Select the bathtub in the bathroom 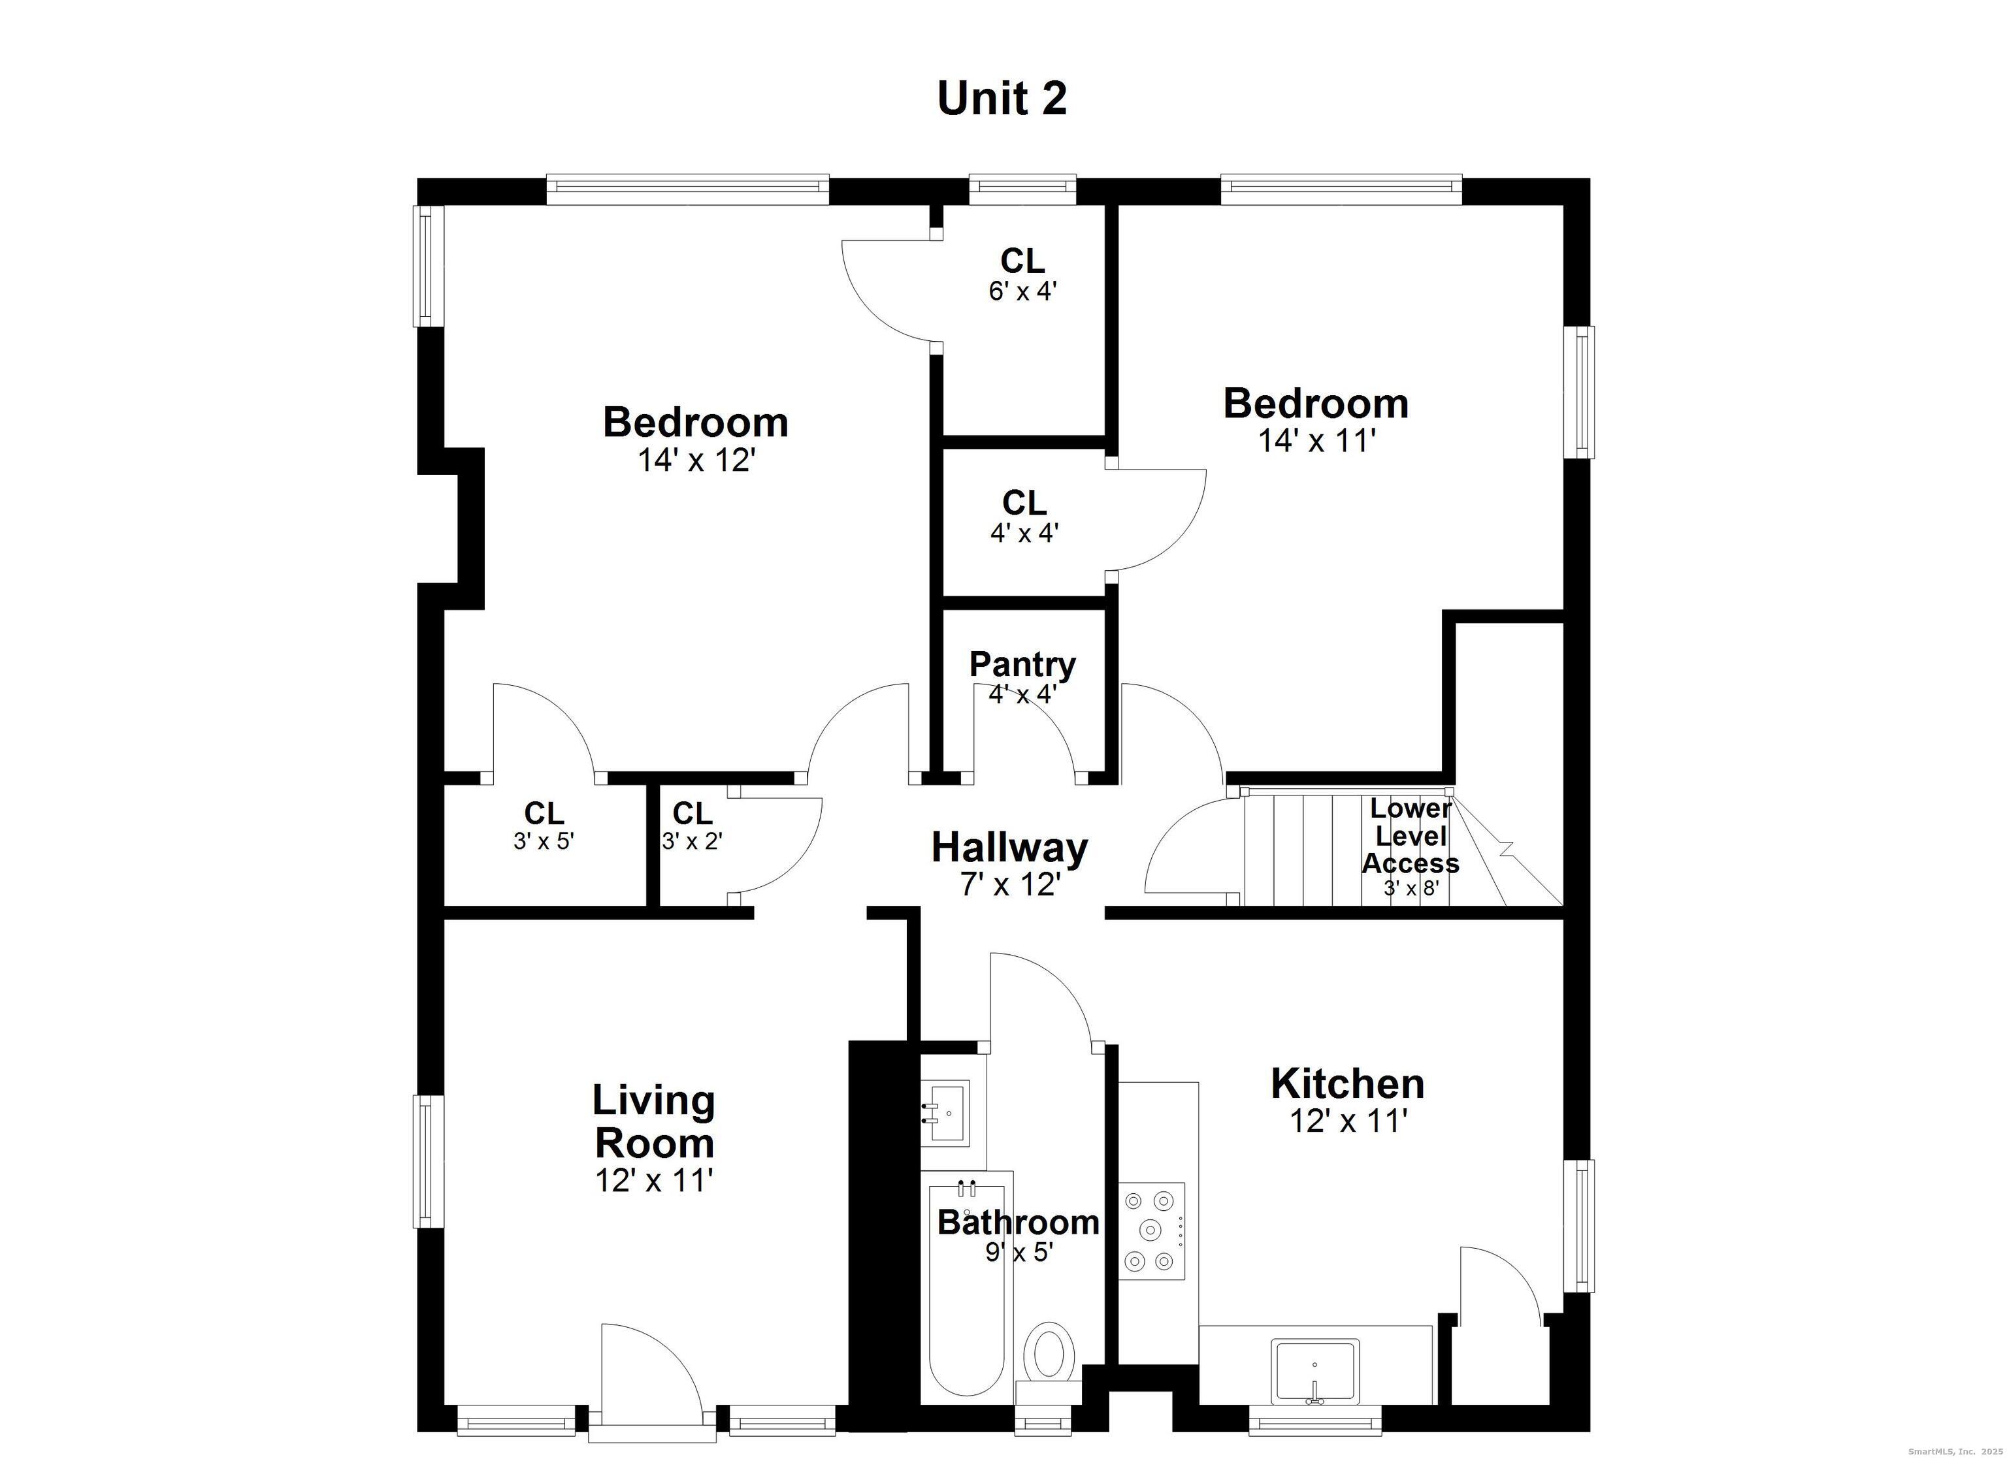click(966, 1292)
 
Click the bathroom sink click(945, 1112)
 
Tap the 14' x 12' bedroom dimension click(696, 460)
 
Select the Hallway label click(1009, 848)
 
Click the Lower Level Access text click(1410, 836)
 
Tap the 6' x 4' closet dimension click(1023, 291)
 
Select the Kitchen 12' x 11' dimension click(1348, 1121)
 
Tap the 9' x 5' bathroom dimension click(1019, 1252)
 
